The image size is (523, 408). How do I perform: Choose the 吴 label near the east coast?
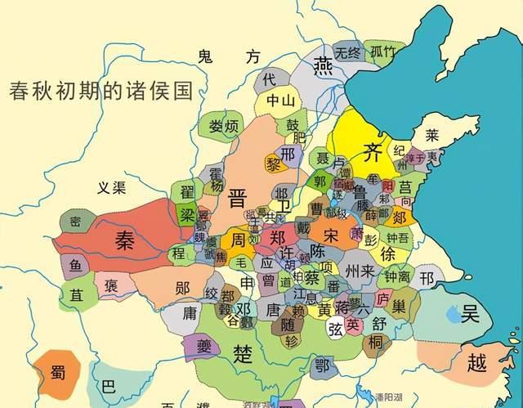point(471,314)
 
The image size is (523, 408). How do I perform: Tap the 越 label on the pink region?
point(478,360)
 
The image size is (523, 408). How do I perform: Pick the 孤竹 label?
point(383,52)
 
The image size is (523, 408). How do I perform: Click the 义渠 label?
point(110,188)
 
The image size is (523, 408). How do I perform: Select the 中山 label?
point(279,101)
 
